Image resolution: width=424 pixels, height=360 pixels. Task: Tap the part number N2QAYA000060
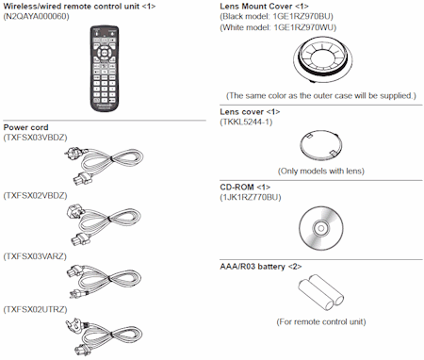[x=38, y=18]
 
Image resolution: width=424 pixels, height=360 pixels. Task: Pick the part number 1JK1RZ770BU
[x=252, y=197]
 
